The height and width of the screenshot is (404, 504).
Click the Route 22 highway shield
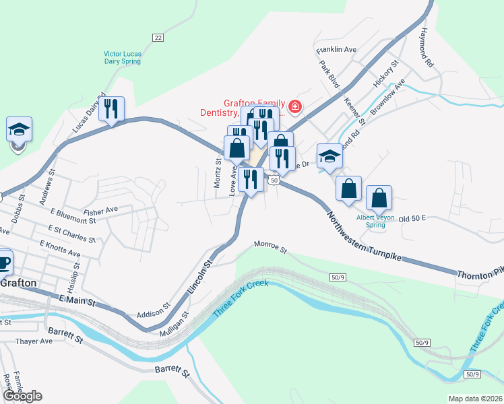(158, 38)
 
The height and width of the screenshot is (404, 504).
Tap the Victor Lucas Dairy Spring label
(122, 57)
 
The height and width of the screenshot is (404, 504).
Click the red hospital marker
(294, 106)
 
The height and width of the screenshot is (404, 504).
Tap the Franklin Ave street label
(336, 50)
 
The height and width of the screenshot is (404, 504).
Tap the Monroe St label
(270, 248)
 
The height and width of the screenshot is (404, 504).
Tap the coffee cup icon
(4, 262)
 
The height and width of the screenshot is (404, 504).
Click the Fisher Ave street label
(102, 209)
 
